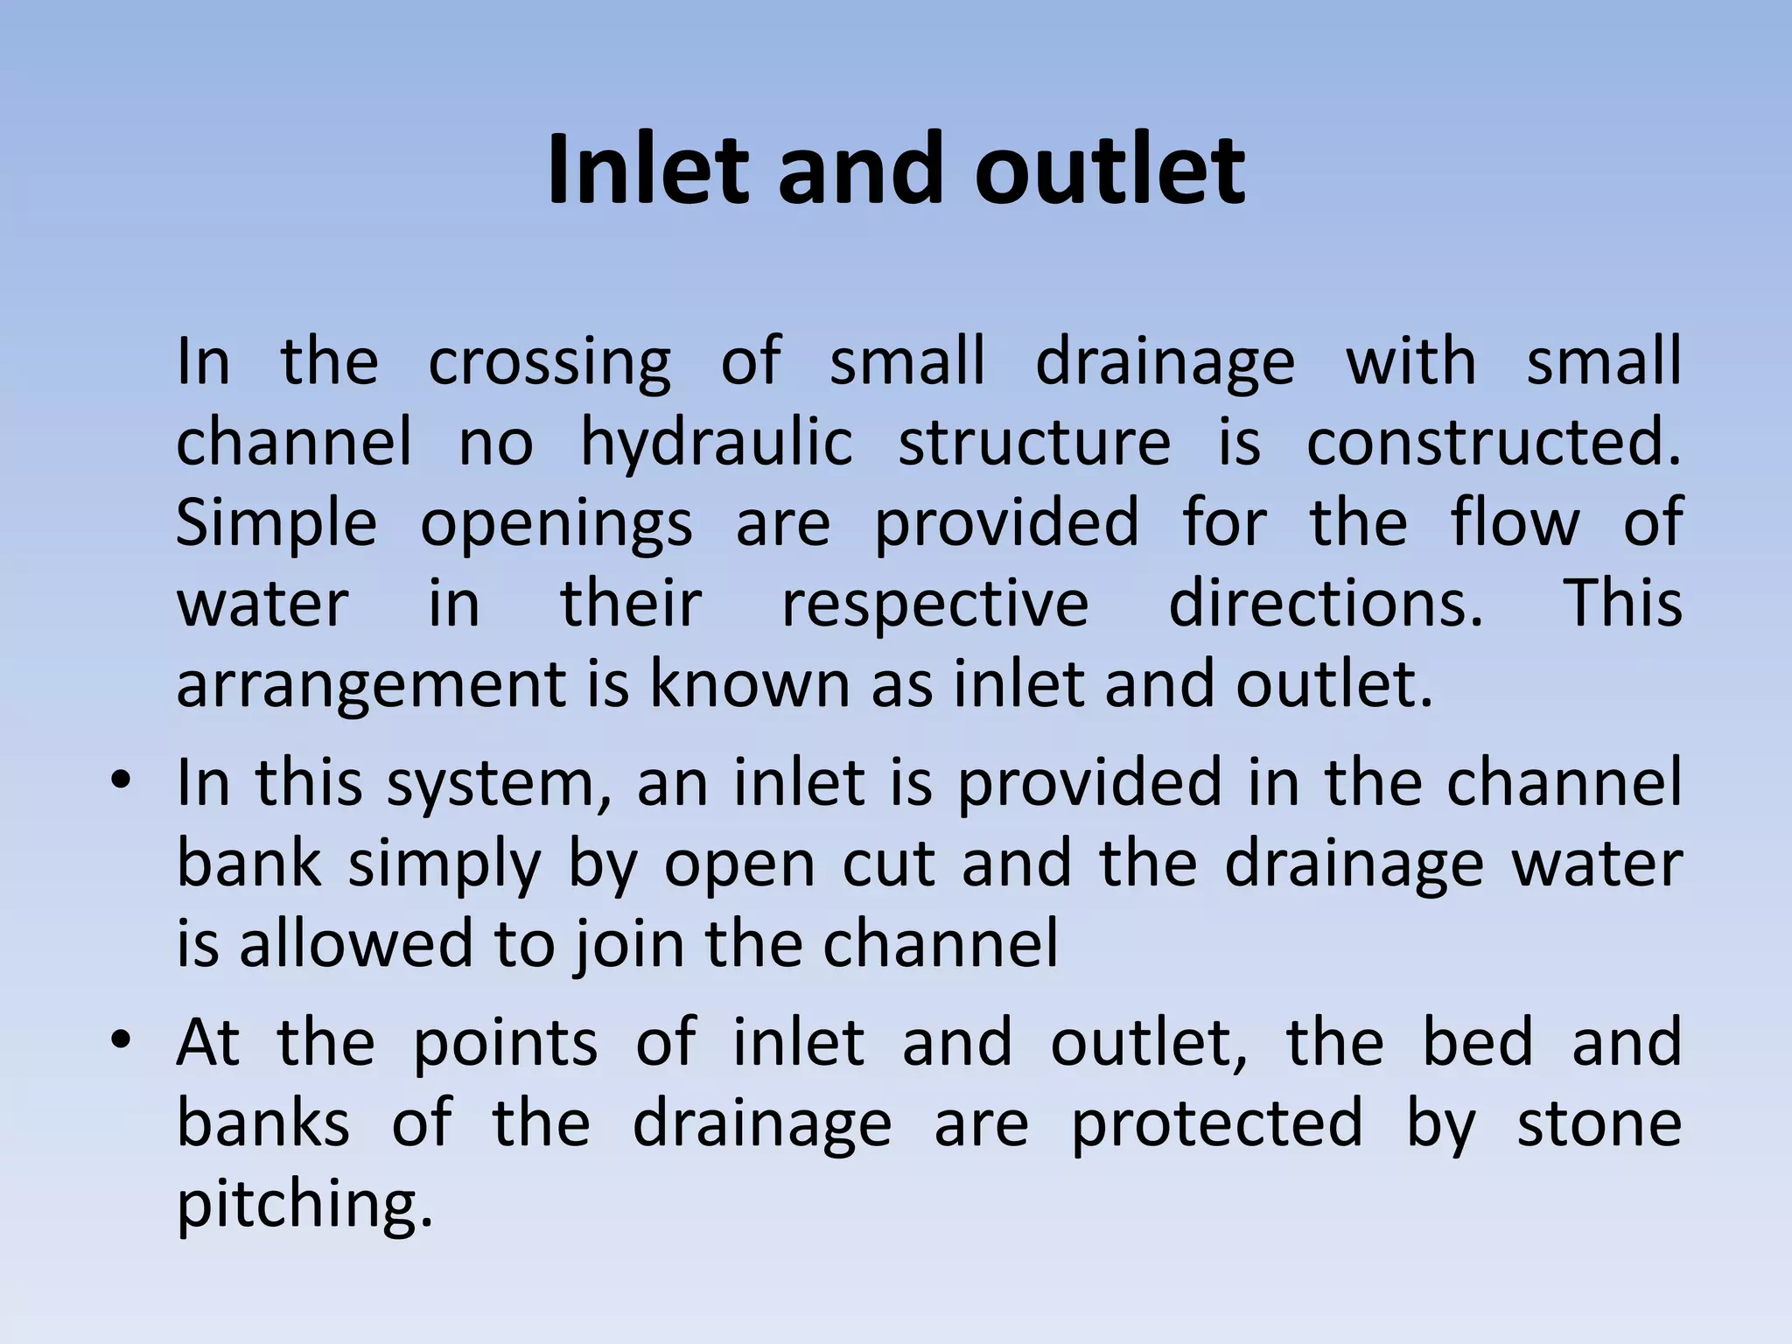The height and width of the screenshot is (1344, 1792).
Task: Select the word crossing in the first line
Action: pos(549,361)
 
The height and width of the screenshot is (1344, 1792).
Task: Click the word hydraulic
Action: pos(717,442)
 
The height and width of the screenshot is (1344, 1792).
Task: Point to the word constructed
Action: pos(1493,442)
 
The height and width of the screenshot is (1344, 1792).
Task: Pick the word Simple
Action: pos(276,523)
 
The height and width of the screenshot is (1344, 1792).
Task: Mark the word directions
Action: pos(1326,604)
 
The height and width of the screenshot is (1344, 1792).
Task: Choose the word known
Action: pos(749,684)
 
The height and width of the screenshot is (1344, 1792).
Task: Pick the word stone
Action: pos(1599,1123)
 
